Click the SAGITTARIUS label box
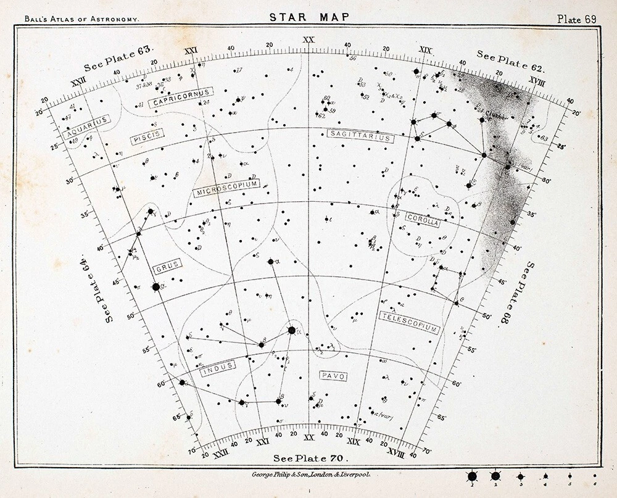(x=360, y=136)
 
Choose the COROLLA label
(x=423, y=220)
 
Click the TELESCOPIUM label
(x=409, y=323)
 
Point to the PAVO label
(x=334, y=376)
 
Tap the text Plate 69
(x=576, y=19)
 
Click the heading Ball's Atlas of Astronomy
(x=81, y=19)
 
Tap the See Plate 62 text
(x=510, y=62)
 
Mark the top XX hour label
(x=308, y=41)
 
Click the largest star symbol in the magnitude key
(x=473, y=476)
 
